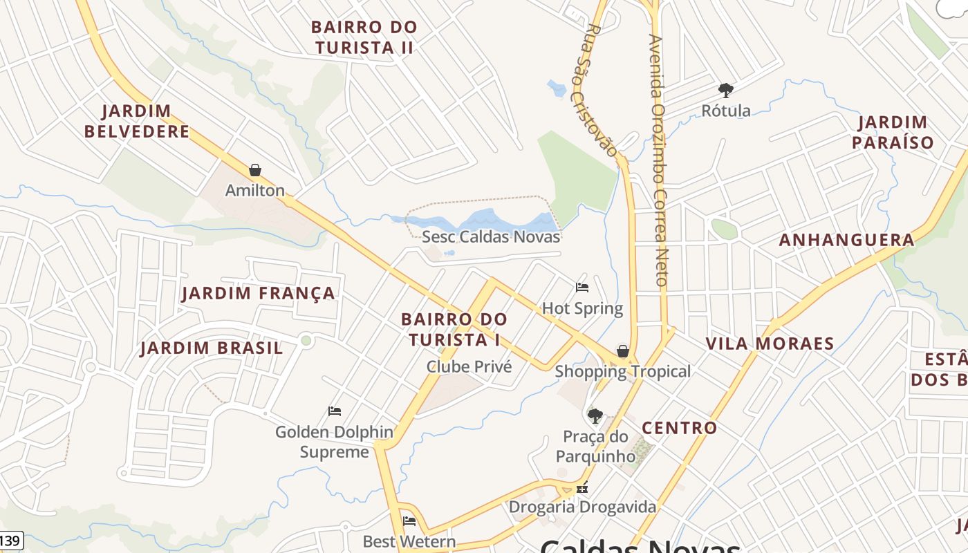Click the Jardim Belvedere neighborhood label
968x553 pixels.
pos(137,121)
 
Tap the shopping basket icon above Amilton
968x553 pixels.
pos(255,170)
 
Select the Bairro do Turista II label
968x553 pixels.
pos(364,37)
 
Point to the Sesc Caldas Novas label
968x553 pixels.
pos(491,236)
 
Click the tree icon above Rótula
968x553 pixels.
pos(725,90)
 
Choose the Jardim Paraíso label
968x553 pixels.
pos(893,133)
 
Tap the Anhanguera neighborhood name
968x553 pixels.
pos(846,240)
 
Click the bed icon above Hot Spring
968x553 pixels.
pos(582,288)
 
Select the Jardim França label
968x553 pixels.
pos(258,293)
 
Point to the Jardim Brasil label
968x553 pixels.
pos(212,348)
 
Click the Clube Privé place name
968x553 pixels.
pos(469,366)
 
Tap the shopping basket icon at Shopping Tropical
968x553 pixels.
pos(623,351)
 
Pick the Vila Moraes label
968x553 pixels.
pos(770,344)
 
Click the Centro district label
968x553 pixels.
pos(679,428)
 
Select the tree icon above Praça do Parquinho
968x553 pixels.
pos(595,415)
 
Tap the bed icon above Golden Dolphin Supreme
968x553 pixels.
pos(335,411)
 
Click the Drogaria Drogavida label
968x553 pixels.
pos(582,507)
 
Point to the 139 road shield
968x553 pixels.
pos(10,541)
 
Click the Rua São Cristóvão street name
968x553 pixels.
pos(599,90)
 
